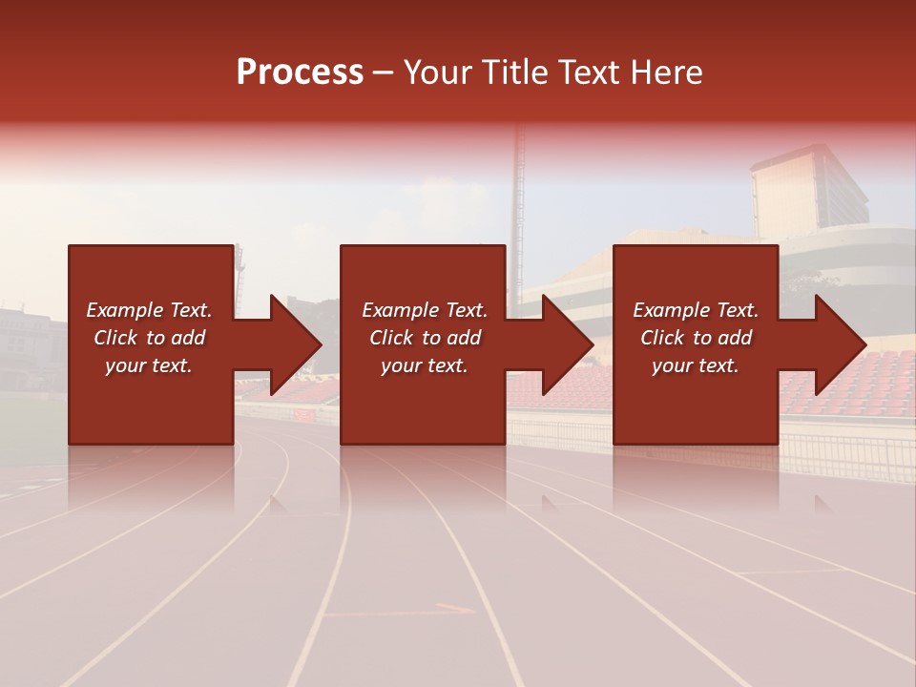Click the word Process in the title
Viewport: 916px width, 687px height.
(x=300, y=73)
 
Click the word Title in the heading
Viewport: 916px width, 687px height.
(x=514, y=73)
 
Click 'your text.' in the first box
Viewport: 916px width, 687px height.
(x=148, y=365)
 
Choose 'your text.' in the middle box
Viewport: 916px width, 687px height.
(x=424, y=365)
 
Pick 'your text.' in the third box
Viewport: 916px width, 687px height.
(x=695, y=365)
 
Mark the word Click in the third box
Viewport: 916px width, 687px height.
(x=663, y=338)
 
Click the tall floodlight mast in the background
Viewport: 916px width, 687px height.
(x=520, y=191)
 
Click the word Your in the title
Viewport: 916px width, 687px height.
(x=439, y=73)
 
